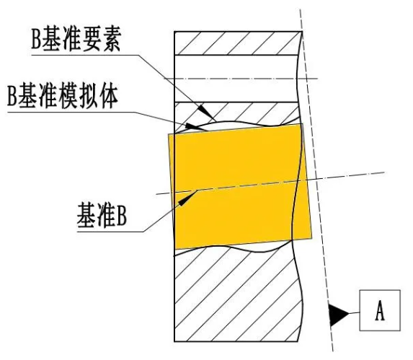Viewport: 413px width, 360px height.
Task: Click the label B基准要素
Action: click(x=76, y=39)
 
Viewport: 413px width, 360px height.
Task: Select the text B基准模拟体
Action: click(x=63, y=96)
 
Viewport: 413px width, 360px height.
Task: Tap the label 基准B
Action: click(x=102, y=215)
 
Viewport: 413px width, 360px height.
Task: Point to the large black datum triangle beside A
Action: click(x=337, y=315)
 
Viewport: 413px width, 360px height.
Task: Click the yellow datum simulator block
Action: click(x=240, y=187)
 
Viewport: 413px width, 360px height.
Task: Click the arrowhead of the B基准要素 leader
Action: click(x=206, y=112)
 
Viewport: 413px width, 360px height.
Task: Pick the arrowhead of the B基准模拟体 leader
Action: click(x=195, y=127)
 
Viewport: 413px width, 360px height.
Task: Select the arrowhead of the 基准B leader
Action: click(x=187, y=198)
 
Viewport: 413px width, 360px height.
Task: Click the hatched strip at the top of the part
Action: click(x=238, y=43)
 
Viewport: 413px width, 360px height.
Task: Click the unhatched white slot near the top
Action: click(x=236, y=79)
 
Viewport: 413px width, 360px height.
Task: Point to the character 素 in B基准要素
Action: click(x=112, y=39)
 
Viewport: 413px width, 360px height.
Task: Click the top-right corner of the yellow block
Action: click(x=303, y=123)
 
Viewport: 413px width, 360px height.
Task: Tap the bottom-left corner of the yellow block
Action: click(x=175, y=249)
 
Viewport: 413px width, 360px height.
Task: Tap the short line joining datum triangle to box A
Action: click(x=355, y=313)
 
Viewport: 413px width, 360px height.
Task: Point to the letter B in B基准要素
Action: click(x=36, y=39)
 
